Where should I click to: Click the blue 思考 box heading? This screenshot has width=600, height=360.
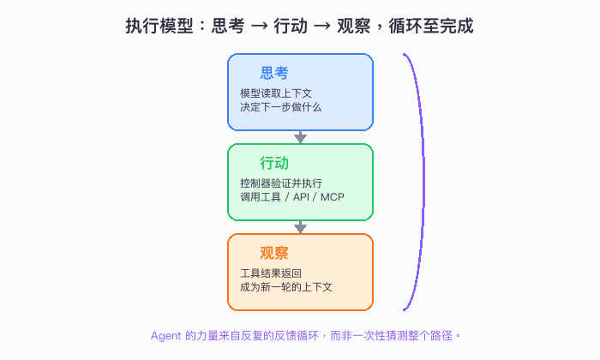[274, 73]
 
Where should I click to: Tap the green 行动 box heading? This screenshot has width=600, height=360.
[274, 164]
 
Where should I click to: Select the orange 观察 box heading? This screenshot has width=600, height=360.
[274, 253]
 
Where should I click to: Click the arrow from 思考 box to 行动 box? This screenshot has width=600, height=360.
[300, 137]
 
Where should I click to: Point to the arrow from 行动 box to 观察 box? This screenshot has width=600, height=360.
[300, 227]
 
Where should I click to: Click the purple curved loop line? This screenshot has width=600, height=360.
[423, 182]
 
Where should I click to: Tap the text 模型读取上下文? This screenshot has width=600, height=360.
[276, 93]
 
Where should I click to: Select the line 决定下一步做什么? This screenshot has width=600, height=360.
[281, 107]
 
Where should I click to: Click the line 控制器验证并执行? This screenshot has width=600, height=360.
[281, 183]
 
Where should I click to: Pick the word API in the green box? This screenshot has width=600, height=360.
[301, 197]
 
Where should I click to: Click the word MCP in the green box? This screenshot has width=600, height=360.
[333, 197]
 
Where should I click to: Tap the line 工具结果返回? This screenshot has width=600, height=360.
[271, 273]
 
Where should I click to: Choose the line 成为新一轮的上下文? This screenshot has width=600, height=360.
[285, 287]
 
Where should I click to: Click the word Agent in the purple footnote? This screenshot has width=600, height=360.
[165, 336]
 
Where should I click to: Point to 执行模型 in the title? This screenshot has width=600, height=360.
[159, 26]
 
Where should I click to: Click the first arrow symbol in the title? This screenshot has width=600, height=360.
[259, 27]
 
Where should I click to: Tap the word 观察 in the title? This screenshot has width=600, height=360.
[353, 26]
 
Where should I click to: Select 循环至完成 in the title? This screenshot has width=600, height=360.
[431, 26]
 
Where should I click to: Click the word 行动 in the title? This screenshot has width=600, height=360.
[290, 26]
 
